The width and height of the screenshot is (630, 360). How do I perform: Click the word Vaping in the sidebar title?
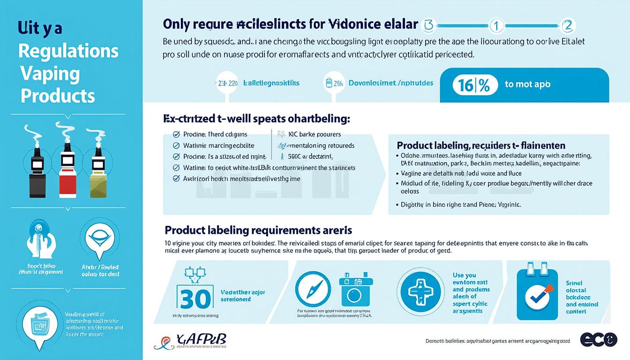coord(50,74)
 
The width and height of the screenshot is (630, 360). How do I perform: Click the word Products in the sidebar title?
coord(58,96)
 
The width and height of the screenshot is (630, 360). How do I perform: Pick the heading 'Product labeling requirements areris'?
coord(258,230)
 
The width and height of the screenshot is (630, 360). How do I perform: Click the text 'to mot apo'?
coord(527,85)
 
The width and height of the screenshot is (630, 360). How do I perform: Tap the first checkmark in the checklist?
coord(176,135)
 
